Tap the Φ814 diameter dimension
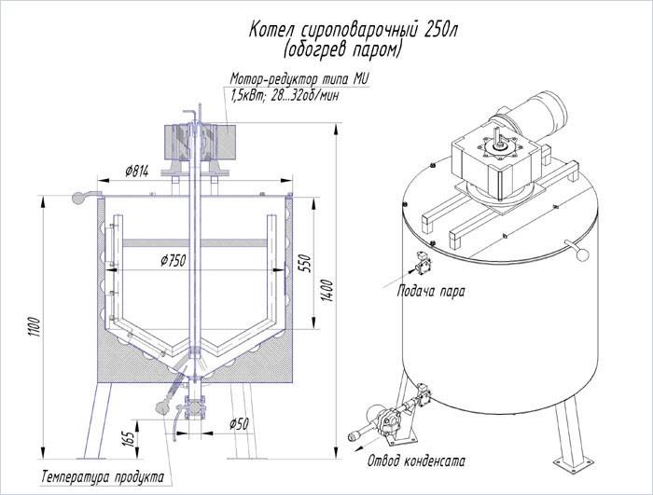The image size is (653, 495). coord(137,171)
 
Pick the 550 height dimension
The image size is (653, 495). coord(303,263)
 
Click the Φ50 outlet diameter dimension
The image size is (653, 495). coord(240,424)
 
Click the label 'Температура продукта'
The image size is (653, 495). coord(96,477)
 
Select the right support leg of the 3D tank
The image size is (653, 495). coord(567,439)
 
